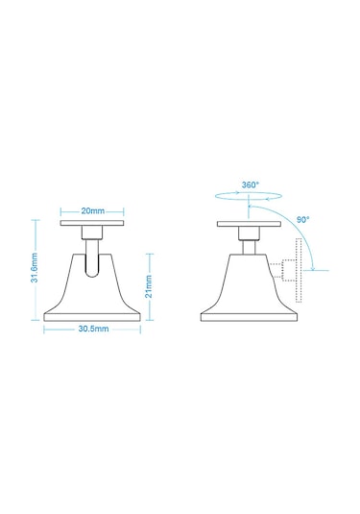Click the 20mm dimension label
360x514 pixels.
[93, 210]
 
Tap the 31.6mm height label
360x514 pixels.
[36, 268]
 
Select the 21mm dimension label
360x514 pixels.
[149, 286]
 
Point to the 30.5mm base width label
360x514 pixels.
[93, 329]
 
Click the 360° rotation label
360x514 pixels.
[251, 184]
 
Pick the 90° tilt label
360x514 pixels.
[302, 220]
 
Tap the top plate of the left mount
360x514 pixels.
[92, 223]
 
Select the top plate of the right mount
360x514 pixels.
[249, 224]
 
